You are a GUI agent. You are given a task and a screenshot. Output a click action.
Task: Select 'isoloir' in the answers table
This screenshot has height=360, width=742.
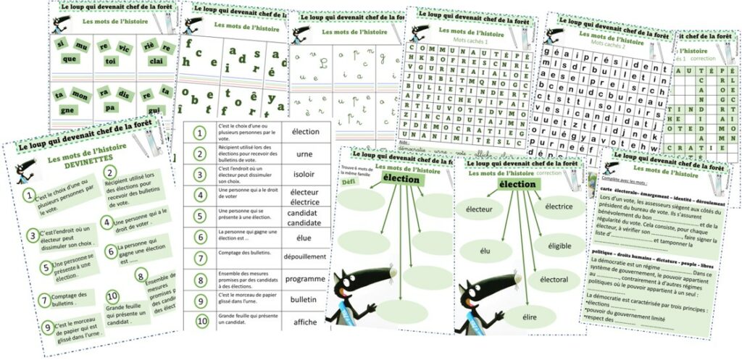(x=304, y=175)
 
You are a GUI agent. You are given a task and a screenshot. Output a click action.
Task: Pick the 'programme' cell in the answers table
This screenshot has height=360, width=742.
(x=304, y=279)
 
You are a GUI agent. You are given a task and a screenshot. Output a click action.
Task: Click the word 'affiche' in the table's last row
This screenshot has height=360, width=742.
(x=304, y=321)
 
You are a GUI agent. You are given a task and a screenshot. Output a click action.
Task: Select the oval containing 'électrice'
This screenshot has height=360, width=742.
(x=559, y=207)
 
